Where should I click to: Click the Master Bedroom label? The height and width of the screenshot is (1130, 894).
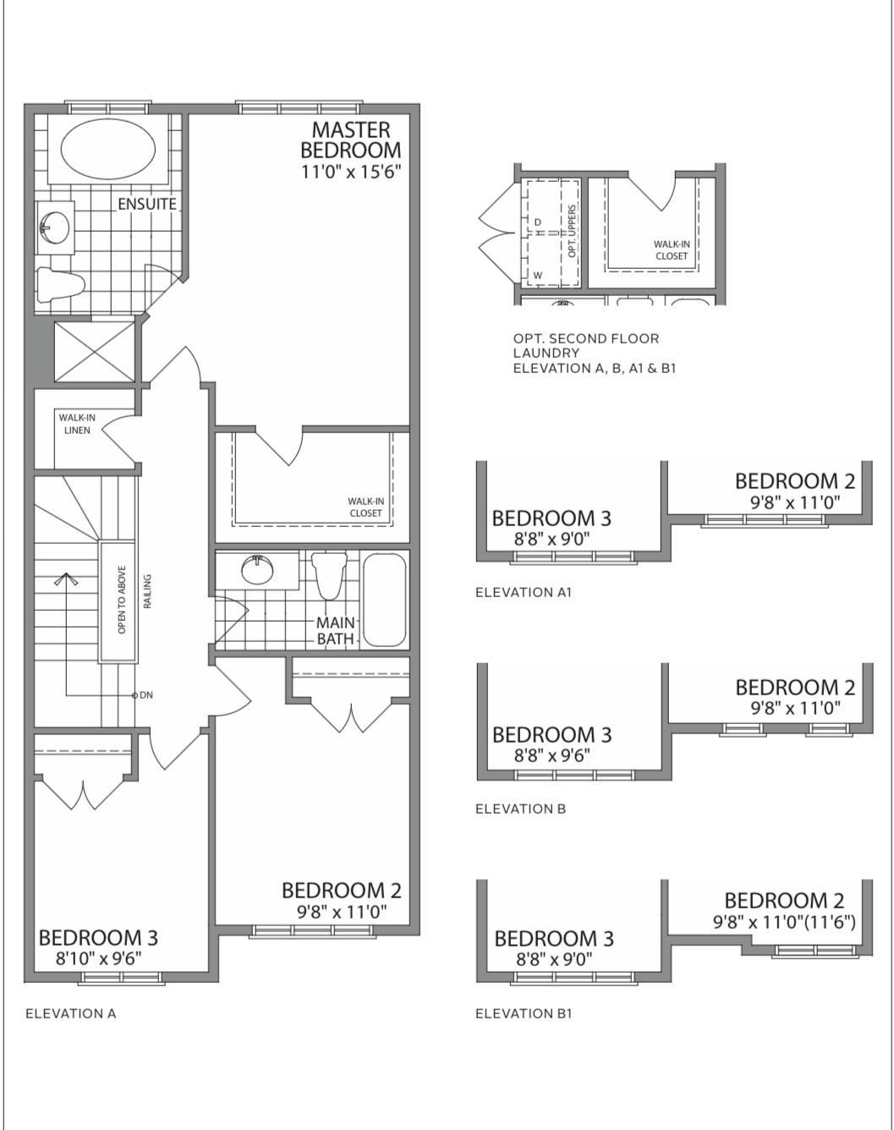pos(350,140)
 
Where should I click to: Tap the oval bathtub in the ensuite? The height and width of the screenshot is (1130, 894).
pos(108,149)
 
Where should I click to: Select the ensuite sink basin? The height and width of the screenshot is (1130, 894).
pos(55,228)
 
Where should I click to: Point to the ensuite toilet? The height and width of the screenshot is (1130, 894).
pos(62,285)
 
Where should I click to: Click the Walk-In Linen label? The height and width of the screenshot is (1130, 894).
pos(77,424)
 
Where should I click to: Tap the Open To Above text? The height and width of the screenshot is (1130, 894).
pos(122,599)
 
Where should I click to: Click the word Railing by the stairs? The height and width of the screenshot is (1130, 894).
pos(148,591)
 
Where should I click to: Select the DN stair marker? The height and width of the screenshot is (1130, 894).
pos(142,694)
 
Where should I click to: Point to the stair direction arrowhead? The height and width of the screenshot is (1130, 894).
pos(66,579)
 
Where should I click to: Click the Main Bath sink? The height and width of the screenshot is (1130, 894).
pos(257,568)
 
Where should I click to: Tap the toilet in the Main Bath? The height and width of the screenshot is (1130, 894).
pos(329,575)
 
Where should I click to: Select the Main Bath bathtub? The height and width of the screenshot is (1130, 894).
pos(385,600)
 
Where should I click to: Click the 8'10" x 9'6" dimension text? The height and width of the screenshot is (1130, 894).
pos(99,958)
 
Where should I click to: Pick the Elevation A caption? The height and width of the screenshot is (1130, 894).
pos(71,1013)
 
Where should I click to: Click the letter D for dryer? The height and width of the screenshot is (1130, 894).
pos(537,222)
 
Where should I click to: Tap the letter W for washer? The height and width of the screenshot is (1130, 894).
pos(538,275)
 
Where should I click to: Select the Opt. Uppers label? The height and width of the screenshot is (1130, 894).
pos(572,231)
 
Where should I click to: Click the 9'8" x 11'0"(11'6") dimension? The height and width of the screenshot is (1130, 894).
pos(784,922)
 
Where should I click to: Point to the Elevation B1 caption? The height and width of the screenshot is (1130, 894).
pos(524,1013)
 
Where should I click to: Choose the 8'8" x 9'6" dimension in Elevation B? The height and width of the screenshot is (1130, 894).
pos(551,755)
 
